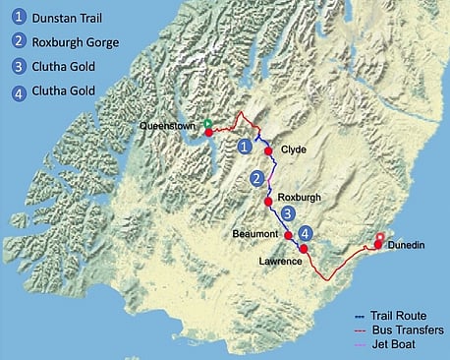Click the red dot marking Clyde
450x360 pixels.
point(268,151)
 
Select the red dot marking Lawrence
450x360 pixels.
point(304,249)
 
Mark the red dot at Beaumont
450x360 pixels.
point(288,236)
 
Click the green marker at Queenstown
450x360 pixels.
point(208,123)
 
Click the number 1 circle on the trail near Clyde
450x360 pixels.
point(244,146)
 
